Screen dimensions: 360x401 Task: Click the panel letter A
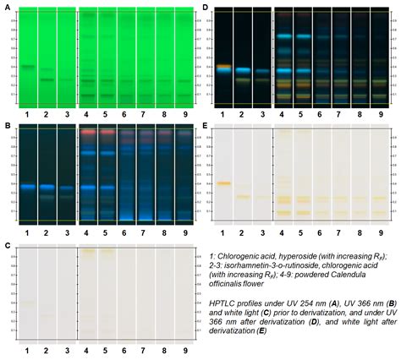click(x=7, y=7)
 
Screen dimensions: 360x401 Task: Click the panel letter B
click(x=7, y=127)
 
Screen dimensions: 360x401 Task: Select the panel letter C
click(x=7, y=246)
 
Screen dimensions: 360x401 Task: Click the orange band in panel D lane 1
click(x=224, y=66)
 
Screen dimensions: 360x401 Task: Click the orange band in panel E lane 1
click(x=224, y=183)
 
